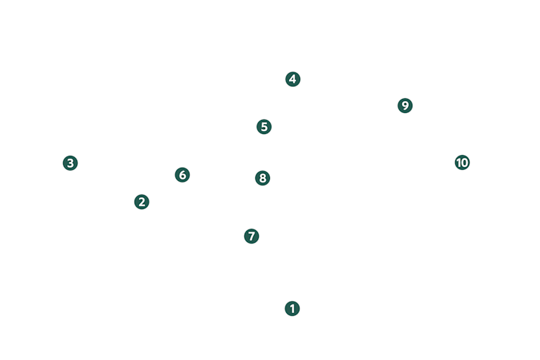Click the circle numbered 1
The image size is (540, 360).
(x=292, y=309)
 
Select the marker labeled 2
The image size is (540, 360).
(x=142, y=202)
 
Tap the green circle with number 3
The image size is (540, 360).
(x=70, y=163)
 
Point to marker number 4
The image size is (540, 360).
(x=293, y=79)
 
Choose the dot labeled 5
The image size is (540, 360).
(x=264, y=127)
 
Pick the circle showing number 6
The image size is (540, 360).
(x=182, y=175)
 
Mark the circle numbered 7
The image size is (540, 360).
(x=252, y=236)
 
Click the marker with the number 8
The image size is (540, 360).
(x=263, y=178)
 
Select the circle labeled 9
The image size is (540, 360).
(x=405, y=105)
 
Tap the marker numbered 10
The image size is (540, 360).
(x=463, y=162)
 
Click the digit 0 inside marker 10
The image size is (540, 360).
(x=464, y=162)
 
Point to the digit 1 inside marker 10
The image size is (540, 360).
(x=459, y=162)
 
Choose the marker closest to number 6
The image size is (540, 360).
(x=142, y=202)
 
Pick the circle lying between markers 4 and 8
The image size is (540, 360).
(x=264, y=127)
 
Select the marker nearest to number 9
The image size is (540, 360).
(x=463, y=162)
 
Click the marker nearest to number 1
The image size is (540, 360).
(x=252, y=236)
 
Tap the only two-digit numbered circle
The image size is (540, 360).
(x=463, y=162)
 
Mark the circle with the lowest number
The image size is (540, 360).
(x=292, y=309)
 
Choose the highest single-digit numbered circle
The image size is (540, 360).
(x=405, y=105)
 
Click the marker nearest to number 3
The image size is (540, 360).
(x=142, y=202)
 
